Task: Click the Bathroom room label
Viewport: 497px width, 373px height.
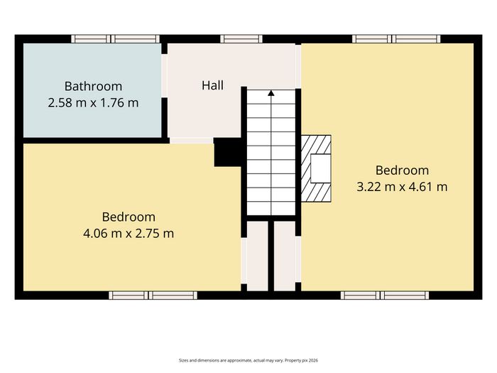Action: point(93,86)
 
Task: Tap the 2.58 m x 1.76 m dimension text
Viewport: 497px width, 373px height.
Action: point(93,103)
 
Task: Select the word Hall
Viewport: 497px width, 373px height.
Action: point(212,85)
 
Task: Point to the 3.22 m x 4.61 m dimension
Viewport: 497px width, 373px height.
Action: point(402,186)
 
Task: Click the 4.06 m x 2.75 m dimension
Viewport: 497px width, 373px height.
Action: point(129,234)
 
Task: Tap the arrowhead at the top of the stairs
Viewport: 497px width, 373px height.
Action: point(271,93)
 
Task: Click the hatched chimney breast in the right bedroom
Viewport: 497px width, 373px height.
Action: point(316,168)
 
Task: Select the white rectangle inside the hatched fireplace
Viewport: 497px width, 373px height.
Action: point(321,168)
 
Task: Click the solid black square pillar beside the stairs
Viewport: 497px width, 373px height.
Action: point(228,152)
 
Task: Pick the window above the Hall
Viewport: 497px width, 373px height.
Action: point(241,39)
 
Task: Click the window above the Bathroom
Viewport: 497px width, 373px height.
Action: point(115,39)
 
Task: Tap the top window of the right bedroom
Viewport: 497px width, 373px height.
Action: point(396,39)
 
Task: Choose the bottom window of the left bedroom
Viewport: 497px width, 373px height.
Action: point(153,296)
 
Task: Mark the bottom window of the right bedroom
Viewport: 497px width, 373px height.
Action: point(385,296)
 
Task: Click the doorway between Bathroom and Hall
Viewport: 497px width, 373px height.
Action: point(165,76)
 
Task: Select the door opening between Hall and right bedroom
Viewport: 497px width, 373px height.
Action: point(298,66)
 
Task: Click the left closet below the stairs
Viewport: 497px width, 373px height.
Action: point(257,256)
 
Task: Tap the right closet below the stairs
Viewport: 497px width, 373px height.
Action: point(285,256)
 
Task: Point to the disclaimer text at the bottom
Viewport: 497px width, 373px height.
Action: point(248,360)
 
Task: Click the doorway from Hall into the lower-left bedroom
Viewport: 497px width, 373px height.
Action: point(191,141)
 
